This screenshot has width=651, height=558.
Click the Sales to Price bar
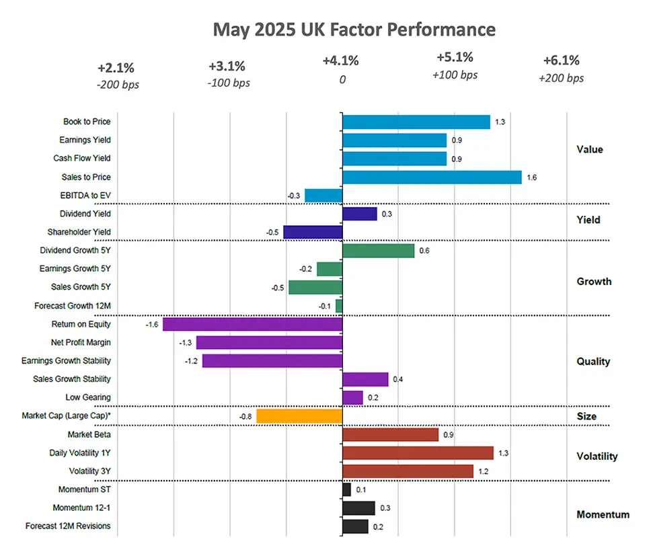pyautogui.click(x=432, y=177)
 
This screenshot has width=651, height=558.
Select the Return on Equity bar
pyautogui.click(x=253, y=324)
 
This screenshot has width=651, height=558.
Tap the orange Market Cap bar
pyautogui.click(x=299, y=416)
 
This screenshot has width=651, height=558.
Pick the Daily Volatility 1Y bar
pyautogui.click(x=418, y=453)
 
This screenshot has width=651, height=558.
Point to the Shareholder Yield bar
pyautogui.click(x=313, y=232)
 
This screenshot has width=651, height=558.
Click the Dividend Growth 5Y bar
pyautogui.click(x=378, y=251)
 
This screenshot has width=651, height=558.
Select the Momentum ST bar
pyautogui.click(x=346, y=489)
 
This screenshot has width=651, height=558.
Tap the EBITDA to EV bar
pyautogui.click(x=323, y=196)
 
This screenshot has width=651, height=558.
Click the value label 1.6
pyautogui.click(x=531, y=177)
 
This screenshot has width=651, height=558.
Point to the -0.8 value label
pyautogui.click(x=245, y=417)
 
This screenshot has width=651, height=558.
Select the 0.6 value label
pyautogui.click(x=424, y=251)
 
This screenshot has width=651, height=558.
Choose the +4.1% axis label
pyautogui.click(x=340, y=61)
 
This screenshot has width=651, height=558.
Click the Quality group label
pyautogui.click(x=593, y=361)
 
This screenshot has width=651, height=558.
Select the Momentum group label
pyautogui.click(x=603, y=514)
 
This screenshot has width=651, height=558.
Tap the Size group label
pyautogui.click(x=586, y=416)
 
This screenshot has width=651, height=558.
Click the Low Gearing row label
pyautogui.click(x=88, y=397)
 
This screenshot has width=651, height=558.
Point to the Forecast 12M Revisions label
pyautogui.click(x=68, y=526)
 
